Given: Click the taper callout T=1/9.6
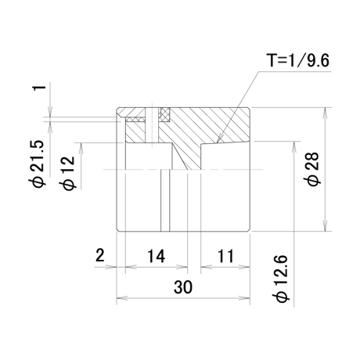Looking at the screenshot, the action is click(x=297, y=60).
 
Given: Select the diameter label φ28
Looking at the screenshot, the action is click(x=312, y=169).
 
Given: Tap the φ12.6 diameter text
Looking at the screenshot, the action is click(x=281, y=279).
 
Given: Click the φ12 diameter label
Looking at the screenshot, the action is click(x=68, y=173).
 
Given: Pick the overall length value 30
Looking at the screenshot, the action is click(x=183, y=286).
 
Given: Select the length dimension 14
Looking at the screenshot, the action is click(x=156, y=256).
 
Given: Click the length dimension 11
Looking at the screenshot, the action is click(x=225, y=256).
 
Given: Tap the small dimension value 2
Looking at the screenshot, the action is click(x=100, y=255).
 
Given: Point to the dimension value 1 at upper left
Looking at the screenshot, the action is click(x=40, y=88).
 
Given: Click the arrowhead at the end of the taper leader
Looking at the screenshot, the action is click(x=219, y=139).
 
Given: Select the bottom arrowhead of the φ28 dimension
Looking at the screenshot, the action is click(x=325, y=225).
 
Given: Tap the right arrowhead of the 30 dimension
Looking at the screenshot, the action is click(x=244, y=298).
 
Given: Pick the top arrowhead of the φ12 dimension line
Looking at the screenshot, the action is click(x=81, y=149).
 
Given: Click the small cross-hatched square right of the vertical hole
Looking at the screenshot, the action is click(x=165, y=114).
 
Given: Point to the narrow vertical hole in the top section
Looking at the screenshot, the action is click(x=152, y=124).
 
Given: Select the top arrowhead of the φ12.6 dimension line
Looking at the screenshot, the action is click(x=294, y=147).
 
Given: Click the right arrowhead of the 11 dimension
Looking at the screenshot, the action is click(x=244, y=267).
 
